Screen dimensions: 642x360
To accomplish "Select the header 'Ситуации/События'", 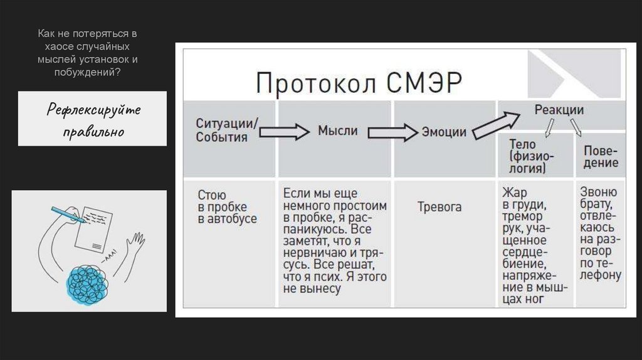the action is click(x=226, y=130).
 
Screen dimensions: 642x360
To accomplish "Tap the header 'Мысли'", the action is click(x=337, y=131).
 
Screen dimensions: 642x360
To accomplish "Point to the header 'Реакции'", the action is click(x=559, y=110).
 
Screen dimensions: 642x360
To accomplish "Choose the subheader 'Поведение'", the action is click(x=601, y=157).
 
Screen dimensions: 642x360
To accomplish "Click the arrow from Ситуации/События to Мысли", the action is click(x=284, y=132).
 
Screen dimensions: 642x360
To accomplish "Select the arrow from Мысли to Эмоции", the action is click(x=392, y=132).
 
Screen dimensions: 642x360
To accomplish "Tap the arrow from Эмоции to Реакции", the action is click(x=495, y=124).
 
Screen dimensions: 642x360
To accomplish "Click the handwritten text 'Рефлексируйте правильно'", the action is click(x=92, y=119).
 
